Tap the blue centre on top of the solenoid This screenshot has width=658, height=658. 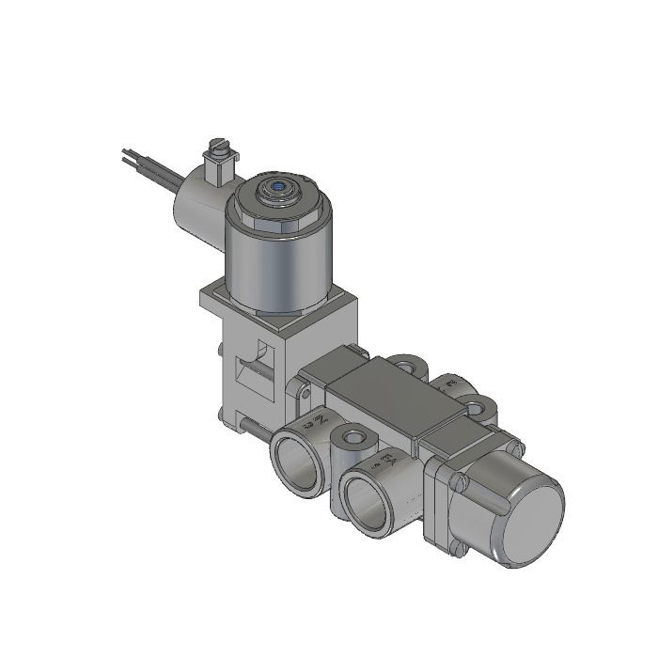click(x=278, y=189)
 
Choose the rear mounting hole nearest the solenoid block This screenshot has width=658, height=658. click(x=405, y=363)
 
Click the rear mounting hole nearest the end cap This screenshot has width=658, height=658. click(x=479, y=408)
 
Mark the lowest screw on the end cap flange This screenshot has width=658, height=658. click(x=461, y=552)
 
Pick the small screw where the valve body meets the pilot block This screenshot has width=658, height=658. click(x=303, y=384)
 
